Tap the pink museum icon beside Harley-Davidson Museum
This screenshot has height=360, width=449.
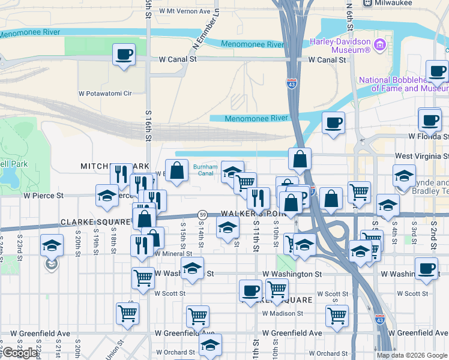coord(379,44)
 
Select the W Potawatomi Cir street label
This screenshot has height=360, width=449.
coord(105,94)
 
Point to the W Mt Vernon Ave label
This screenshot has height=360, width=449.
coord(184,11)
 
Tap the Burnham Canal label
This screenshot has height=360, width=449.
coord(203,170)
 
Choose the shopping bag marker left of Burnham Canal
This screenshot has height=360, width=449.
coord(177,170)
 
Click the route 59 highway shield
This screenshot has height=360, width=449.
coord(203,215)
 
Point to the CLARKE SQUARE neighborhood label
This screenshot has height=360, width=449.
coord(95,222)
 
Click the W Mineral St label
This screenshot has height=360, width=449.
coord(173,254)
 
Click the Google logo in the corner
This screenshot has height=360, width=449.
coord(20,353)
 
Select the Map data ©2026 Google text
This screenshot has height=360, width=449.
coord(412,355)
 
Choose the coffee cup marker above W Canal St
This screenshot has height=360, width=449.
coord(124,55)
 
